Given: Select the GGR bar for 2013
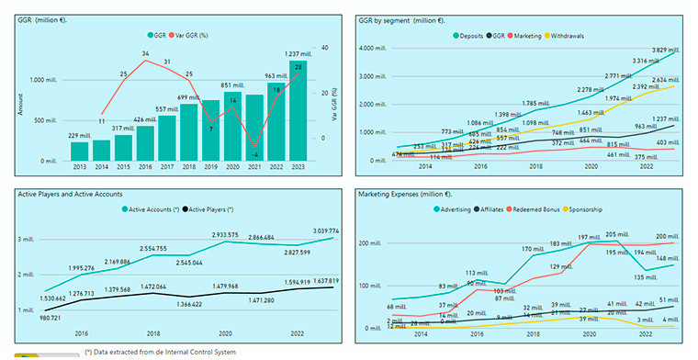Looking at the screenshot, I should click(79, 152).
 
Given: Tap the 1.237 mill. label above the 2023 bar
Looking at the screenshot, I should click(298, 54).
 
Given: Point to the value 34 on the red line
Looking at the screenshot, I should click(145, 54).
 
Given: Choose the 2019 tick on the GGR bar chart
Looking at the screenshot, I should click(211, 169).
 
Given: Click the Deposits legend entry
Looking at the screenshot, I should click(467, 36).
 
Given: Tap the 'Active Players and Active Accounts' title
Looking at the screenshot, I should click(70, 194).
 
